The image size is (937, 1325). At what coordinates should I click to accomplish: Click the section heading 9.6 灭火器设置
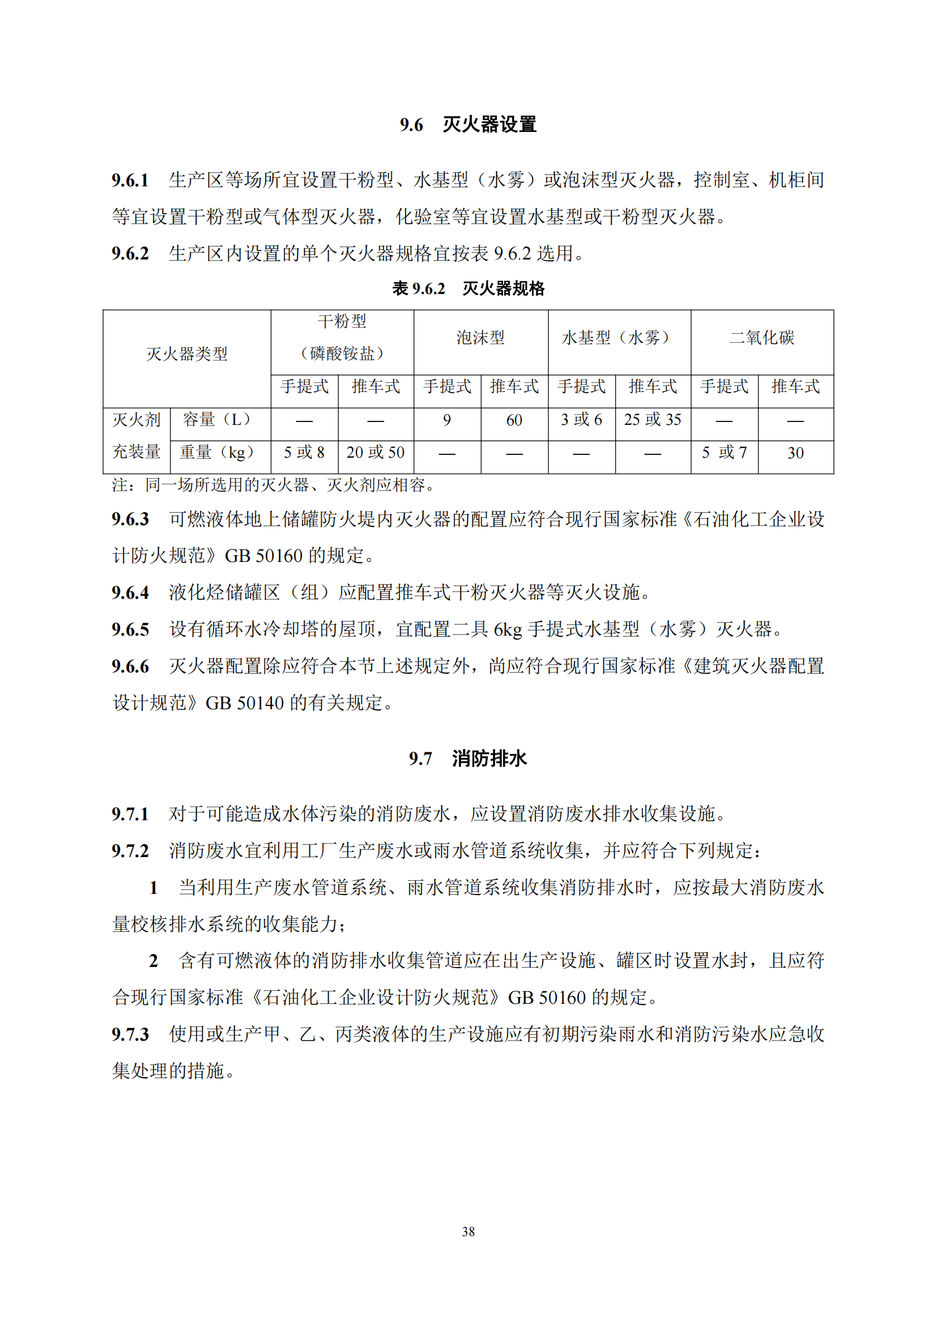pyautogui.click(x=468, y=125)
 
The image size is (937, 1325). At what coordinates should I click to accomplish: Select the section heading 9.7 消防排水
pyautogui.click(x=468, y=759)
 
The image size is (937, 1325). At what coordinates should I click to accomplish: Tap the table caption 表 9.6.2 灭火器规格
pyautogui.click(x=468, y=288)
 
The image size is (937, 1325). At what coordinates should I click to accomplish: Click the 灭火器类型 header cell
pyautogui.click(x=187, y=353)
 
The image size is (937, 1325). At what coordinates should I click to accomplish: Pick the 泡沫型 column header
pyautogui.click(x=480, y=338)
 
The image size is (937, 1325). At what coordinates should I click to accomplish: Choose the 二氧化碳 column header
pyautogui.click(x=761, y=338)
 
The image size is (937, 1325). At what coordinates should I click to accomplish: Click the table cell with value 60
pyautogui.click(x=514, y=420)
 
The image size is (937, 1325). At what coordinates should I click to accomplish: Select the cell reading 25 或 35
pyautogui.click(x=653, y=420)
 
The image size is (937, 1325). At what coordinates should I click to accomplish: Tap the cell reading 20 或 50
pyautogui.click(x=376, y=453)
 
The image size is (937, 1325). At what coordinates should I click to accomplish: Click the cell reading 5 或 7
pyautogui.click(x=724, y=453)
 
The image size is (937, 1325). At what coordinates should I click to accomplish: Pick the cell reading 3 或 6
pyautogui.click(x=581, y=420)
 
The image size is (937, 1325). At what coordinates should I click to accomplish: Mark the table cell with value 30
pyautogui.click(x=795, y=453)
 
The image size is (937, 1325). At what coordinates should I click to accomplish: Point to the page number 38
pyautogui.click(x=468, y=1232)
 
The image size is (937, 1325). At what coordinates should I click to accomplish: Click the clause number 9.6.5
pyautogui.click(x=130, y=629)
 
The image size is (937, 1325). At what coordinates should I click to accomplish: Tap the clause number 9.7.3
pyautogui.click(x=130, y=1034)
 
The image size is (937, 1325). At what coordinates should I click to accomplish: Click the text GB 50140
pyautogui.click(x=245, y=704)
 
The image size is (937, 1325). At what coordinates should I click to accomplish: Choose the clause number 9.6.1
pyautogui.click(x=130, y=181)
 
